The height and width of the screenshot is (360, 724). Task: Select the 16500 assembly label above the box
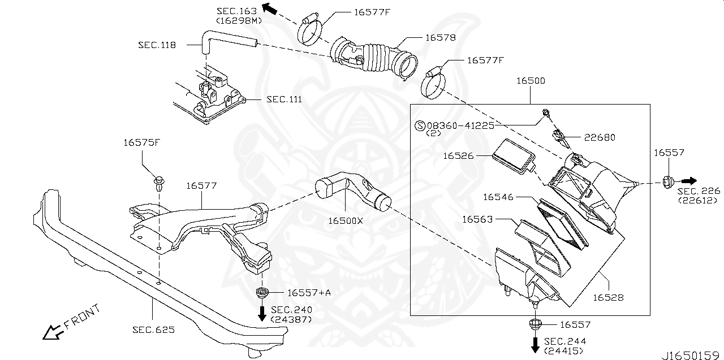point(531,81)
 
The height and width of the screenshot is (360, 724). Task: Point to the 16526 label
point(459,155)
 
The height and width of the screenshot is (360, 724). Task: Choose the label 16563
point(477,219)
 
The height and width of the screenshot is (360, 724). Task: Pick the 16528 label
point(608,297)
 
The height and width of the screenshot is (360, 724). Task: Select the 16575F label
point(141,142)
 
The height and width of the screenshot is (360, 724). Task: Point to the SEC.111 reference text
point(284,99)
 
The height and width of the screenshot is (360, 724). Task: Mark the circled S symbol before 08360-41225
point(420,125)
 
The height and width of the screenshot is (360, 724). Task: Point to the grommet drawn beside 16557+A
point(262,293)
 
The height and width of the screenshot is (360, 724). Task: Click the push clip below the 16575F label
point(158,182)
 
